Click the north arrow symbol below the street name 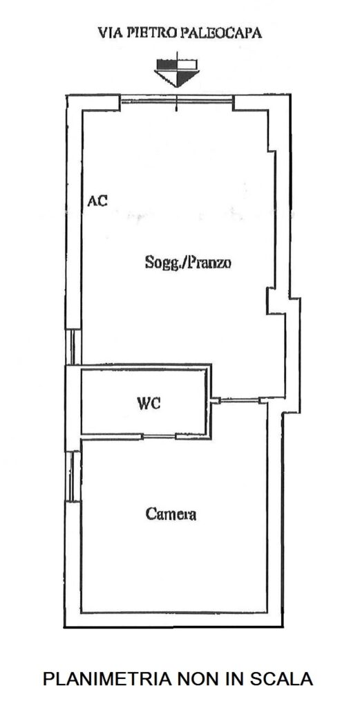click(176, 71)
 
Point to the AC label click(97, 201)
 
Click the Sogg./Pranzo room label click(188, 262)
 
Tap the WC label click(149, 403)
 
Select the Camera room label click(171, 514)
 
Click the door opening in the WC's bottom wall click(159, 436)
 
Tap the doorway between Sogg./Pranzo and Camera click(239, 400)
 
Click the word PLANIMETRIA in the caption click(106, 679)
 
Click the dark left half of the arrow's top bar click(166, 64)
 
